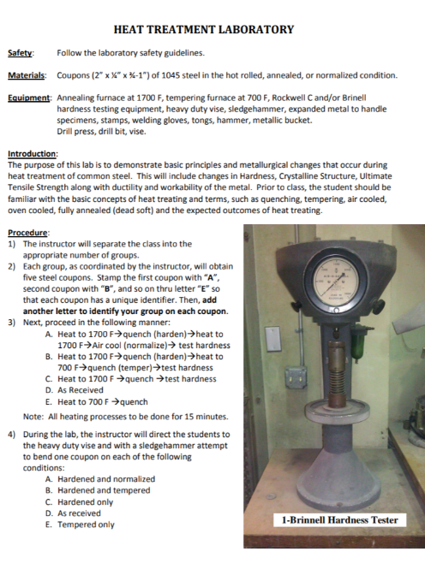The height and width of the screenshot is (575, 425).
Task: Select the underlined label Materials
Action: pos(27,75)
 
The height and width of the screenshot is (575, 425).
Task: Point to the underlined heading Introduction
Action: pos(33,154)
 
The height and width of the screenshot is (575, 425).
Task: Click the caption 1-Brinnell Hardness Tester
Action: pos(339,520)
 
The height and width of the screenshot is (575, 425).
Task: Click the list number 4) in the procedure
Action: pos(12,434)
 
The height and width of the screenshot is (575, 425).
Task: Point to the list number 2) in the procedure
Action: pos(12,267)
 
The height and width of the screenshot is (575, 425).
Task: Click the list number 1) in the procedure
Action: pos(12,244)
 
